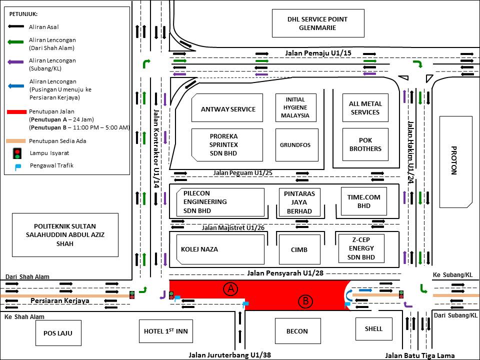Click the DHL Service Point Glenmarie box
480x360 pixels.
(317, 23)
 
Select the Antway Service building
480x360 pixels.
(227, 108)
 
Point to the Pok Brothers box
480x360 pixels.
(365, 144)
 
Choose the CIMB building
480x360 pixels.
(299, 249)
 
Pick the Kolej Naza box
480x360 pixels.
(217, 249)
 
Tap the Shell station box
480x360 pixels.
(373, 328)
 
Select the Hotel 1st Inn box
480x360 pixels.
(165, 330)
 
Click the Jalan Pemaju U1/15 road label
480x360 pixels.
(311, 52)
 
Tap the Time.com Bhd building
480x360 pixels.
(363, 201)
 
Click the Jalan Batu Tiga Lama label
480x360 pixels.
(420, 355)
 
